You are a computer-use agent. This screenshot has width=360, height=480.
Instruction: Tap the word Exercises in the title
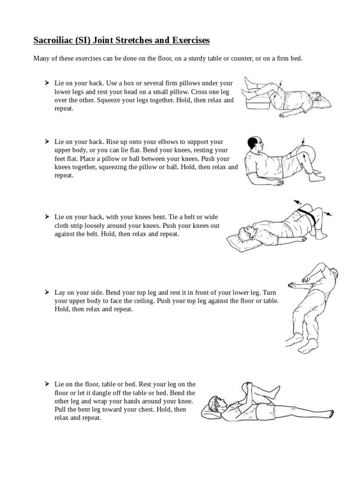tap(191, 40)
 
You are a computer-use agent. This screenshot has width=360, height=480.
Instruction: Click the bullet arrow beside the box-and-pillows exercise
tap(47, 82)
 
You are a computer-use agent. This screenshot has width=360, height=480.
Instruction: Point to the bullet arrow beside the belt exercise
tap(47, 217)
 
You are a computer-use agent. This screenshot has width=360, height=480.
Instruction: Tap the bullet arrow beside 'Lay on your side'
tap(47, 292)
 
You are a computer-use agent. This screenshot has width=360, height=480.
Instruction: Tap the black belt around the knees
tap(307, 215)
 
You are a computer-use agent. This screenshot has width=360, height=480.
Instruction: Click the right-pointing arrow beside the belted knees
tap(328, 213)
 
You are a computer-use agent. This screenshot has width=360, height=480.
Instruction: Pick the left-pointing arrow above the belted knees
tap(298, 202)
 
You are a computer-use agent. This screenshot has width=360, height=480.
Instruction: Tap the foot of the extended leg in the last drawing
tap(328, 414)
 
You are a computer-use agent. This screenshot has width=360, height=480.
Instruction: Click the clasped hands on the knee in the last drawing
tap(248, 388)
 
